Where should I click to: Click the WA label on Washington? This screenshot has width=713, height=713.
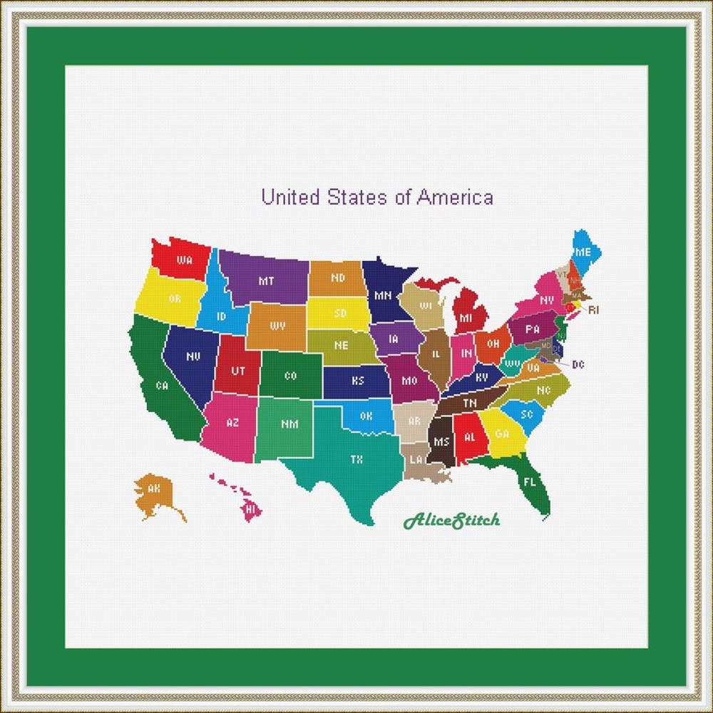[x=185, y=260]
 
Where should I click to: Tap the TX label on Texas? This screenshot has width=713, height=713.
[x=356, y=460]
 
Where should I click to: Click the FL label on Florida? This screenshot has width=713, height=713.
[x=529, y=482]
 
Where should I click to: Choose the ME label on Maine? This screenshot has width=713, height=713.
[x=583, y=252]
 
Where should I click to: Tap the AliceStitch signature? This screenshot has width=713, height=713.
[x=451, y=521]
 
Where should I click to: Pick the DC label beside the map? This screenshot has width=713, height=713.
[x=578, y=365]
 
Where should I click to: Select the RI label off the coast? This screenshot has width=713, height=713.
[x=594, y=310]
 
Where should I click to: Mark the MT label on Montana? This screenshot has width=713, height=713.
[x=266, y=281]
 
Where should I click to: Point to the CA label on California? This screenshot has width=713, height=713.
[x=162, y=386]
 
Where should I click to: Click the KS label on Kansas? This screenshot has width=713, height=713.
[x=357, y=381]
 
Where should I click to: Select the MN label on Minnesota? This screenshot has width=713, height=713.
[x=383, y=295]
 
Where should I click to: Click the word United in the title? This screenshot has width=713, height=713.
[x=290, y=197]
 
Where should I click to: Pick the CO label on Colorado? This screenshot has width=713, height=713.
[x=290, y=376]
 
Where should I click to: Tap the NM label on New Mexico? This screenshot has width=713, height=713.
[x=289, y=424]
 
